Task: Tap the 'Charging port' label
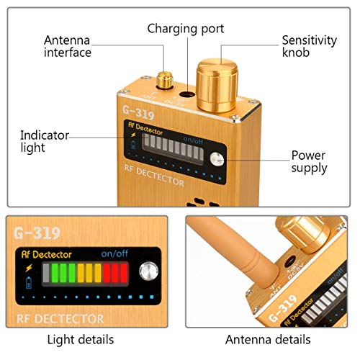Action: click(x=186, y=29)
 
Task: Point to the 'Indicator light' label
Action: click(x=44, y=140)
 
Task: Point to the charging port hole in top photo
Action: click(x=186, y=94)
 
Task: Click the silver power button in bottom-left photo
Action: click(x=149, y=272)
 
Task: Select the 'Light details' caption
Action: click(x=80, y=338)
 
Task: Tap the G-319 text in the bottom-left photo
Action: click(x=37, y=233)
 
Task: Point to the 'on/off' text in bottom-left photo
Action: click(x=114, y=253)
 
